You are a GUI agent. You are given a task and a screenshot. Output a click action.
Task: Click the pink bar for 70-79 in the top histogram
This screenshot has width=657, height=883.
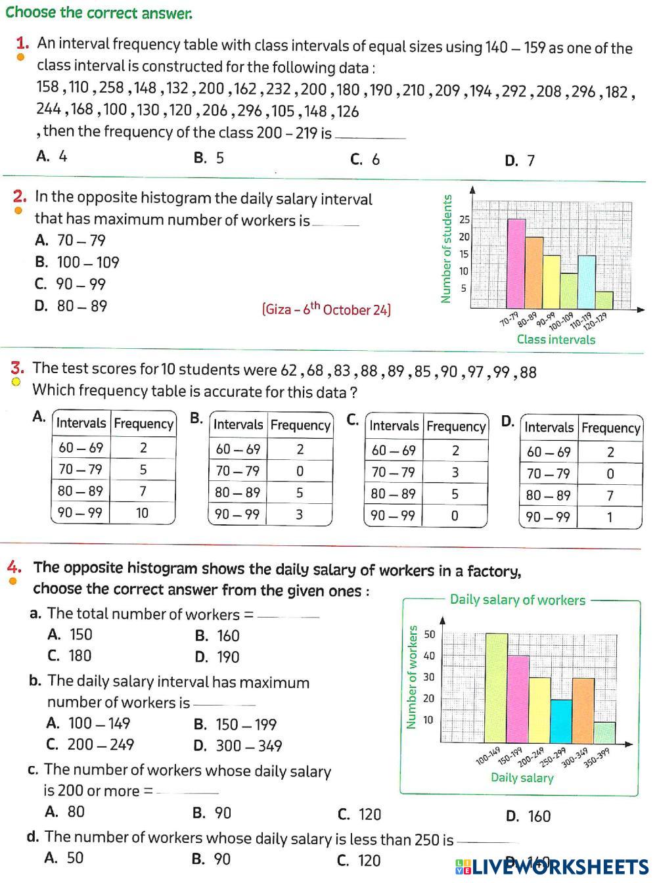(x=516, y=263)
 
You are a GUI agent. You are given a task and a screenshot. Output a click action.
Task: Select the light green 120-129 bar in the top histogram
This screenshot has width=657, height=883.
(x=604, y=300)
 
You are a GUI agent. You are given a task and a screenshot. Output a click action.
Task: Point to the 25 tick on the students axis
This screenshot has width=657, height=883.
(x=464, y=219)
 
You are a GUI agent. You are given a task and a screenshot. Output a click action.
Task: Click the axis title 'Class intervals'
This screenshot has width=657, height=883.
(x=556, y=340)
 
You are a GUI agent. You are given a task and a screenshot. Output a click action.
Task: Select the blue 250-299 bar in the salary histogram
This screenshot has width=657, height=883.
(x=560, y=721)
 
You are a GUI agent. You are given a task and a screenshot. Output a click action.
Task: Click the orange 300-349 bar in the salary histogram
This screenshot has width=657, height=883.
(x=583, y=710)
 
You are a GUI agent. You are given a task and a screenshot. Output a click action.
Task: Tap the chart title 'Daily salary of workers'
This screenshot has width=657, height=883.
(x=517, y=600)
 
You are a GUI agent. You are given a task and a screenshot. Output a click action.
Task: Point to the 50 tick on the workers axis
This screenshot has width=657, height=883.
(x=430, y=635)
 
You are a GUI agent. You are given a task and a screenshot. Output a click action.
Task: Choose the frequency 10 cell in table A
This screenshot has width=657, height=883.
(x=143, y=512)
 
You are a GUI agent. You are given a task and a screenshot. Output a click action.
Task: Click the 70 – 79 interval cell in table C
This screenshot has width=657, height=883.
(x=394, y=472)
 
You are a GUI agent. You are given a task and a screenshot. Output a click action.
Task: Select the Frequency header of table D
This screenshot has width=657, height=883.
(x=610, y=428)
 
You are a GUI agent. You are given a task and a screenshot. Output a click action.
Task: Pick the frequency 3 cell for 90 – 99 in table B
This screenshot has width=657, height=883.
(x=299, y=514)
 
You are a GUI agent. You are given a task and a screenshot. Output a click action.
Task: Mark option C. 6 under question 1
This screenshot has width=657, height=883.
(x=365, y=159)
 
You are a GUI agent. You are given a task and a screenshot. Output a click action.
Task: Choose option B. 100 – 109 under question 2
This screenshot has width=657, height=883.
(x=78, y=262)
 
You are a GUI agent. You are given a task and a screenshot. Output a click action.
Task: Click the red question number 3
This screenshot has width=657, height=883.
(x=18, y=368)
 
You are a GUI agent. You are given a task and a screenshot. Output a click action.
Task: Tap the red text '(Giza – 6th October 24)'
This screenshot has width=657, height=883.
(x=326, y=309)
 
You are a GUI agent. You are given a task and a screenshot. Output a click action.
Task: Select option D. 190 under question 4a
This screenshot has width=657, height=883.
(x=217, y=657)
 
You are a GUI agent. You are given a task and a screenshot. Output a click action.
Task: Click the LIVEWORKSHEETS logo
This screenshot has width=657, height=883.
(x=552, y=867)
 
